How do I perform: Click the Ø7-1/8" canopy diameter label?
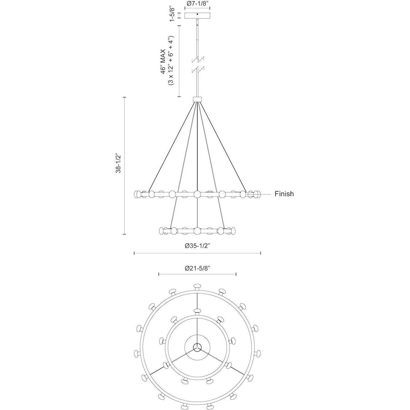coord(197,4)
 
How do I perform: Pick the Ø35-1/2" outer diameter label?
coord(197,246)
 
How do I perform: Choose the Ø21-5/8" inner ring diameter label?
coord(197,268)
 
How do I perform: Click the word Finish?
coord(284,194)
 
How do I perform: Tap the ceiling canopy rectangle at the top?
coord(197,15)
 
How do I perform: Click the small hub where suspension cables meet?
coord(197,99)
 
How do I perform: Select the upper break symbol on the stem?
coord(197,59)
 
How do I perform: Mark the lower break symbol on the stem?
coord(197,69)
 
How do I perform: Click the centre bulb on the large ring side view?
coord(197,194)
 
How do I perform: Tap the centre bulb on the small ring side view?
coord(197,231)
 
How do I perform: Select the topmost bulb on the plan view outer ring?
coord(197,286)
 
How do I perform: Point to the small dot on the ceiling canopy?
coord(197,14)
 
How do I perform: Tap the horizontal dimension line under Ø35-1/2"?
coord(197,253)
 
